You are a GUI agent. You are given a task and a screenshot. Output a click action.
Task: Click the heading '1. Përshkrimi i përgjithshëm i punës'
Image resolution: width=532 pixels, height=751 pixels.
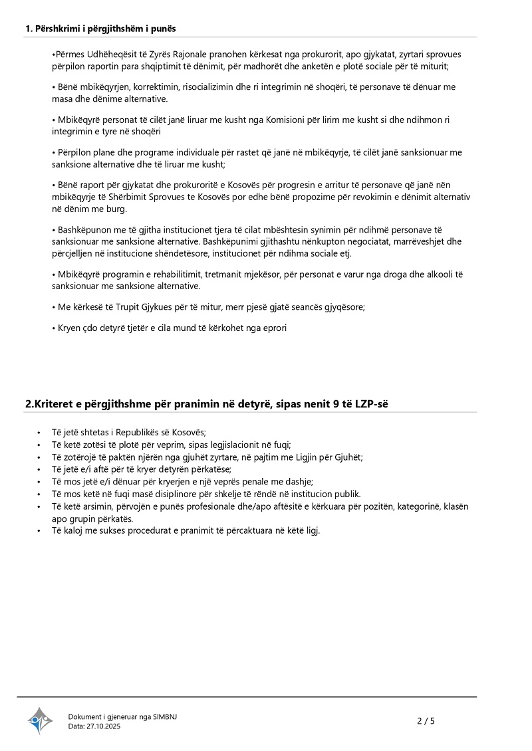point(100,29)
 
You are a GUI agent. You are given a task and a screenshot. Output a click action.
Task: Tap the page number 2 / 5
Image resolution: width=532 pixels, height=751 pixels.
point(426,720)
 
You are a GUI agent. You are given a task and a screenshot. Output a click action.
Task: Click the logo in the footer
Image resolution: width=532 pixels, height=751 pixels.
point(40,720)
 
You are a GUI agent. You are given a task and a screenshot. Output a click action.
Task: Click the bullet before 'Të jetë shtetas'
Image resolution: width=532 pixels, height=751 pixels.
point(38,432)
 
